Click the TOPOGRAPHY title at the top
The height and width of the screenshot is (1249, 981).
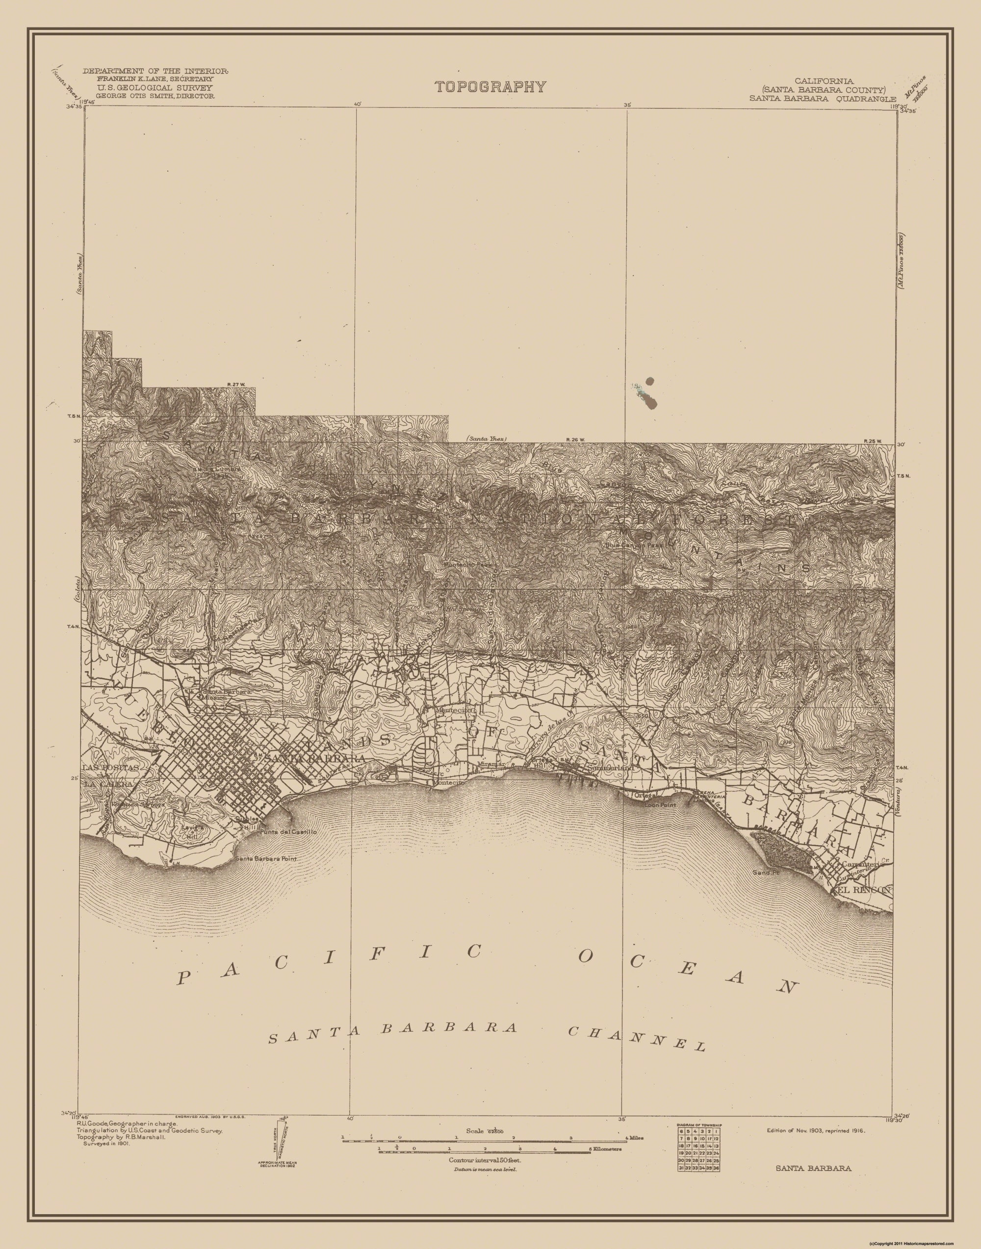(x=490, y=87)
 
